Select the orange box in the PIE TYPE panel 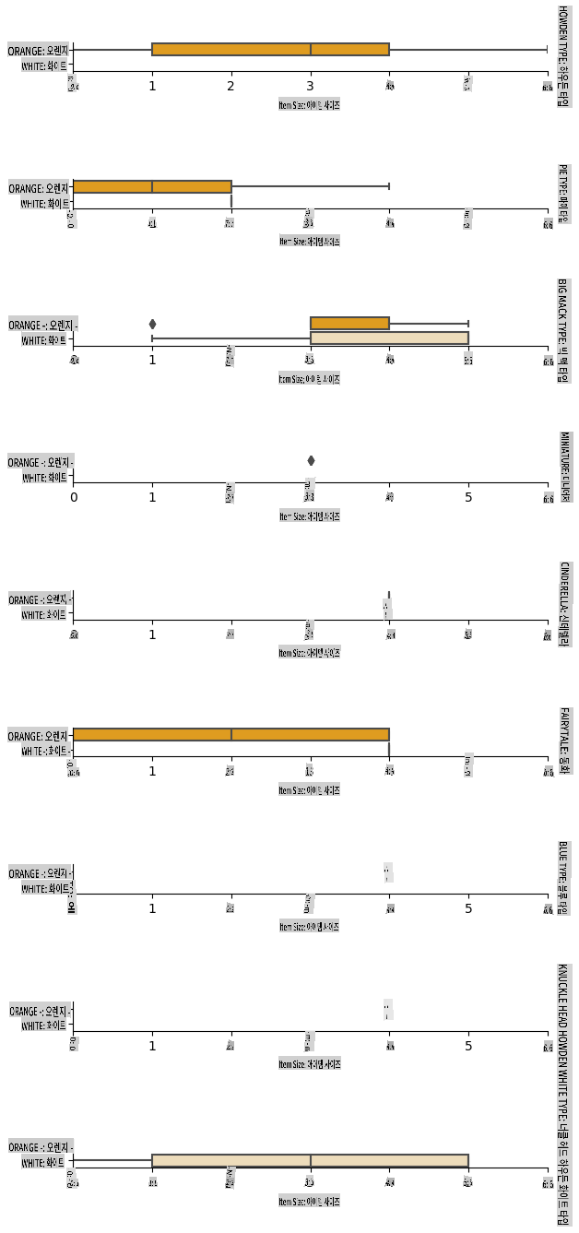click(x=151, y=186)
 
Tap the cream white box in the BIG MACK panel click(x=389, y=338)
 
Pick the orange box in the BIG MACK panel click(x=349, y=323)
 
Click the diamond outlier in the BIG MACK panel click(x=152, y=324)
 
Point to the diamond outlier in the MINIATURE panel click(x=311, y=460)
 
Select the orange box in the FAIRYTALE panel click(x=230, y=735)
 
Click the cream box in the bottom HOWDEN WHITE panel click(x=310, y=1161)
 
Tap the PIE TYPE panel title click(x=562, y=194)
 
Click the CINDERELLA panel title click(x=562, y=604)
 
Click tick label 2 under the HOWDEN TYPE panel click(x=230, y=86)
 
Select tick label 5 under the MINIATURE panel click(x=468, y=498)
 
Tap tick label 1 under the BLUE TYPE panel click(x=152, y=908)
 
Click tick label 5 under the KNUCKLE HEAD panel click(x=468, y=1046)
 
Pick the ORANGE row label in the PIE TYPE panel click(x=39, y=188)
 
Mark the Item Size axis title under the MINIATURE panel click(x=310, y=516)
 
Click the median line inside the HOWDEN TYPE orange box click(x=311, y=49)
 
